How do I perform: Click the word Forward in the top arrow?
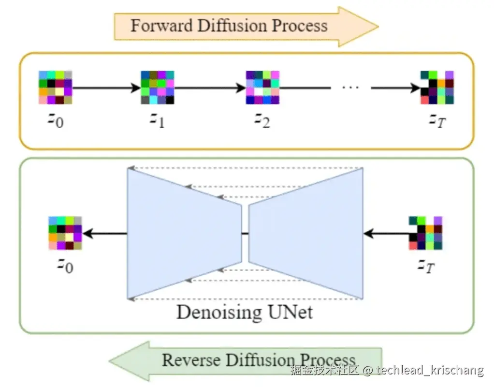click(x=155, y=25)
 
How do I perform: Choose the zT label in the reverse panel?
click(x=425, y=265)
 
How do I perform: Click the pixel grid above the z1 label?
click(x=157, y=88)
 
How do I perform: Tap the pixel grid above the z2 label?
click(x=262, y=88)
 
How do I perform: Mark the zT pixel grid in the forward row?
click(x=437, y=88)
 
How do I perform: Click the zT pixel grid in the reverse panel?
click(x=425, y=233)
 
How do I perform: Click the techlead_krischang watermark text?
click(x=430, y=371)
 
